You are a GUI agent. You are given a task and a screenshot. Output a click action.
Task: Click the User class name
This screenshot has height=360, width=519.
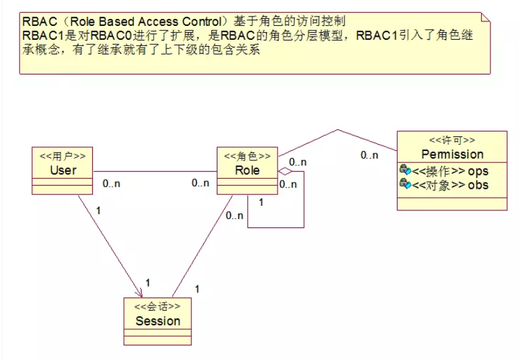(63, 170)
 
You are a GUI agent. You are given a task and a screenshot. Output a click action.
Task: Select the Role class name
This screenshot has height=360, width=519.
(247, 170)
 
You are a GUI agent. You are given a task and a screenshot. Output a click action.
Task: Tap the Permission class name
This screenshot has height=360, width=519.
(452, 155)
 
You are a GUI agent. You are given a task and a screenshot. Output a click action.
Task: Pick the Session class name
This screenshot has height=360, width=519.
(157, 321)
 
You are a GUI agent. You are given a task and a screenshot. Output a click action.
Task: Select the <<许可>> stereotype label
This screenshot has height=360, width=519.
(452, 140)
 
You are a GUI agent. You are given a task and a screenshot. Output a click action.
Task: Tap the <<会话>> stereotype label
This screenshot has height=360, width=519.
(157, 307)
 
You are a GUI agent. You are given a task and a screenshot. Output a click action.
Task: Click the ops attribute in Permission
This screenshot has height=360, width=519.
(478, 171)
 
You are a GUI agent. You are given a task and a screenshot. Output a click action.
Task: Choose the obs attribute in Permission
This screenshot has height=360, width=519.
(478, 185)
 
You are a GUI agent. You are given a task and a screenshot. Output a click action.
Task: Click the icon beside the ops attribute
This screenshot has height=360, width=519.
(405, 171)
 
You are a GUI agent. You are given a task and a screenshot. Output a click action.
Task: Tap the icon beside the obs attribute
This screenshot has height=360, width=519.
(405, 184)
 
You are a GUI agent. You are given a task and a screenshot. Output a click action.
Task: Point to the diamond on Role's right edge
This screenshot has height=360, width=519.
(285, 171)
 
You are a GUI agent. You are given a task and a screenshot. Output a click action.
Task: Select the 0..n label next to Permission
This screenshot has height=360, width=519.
(369, 155)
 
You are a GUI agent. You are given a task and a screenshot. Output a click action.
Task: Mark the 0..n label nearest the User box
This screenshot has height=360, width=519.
(112, 183)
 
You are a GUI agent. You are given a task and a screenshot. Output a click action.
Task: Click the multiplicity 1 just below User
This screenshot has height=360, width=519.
(98, 210)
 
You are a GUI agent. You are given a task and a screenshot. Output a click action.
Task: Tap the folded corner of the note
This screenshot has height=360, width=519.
(485, 16)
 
